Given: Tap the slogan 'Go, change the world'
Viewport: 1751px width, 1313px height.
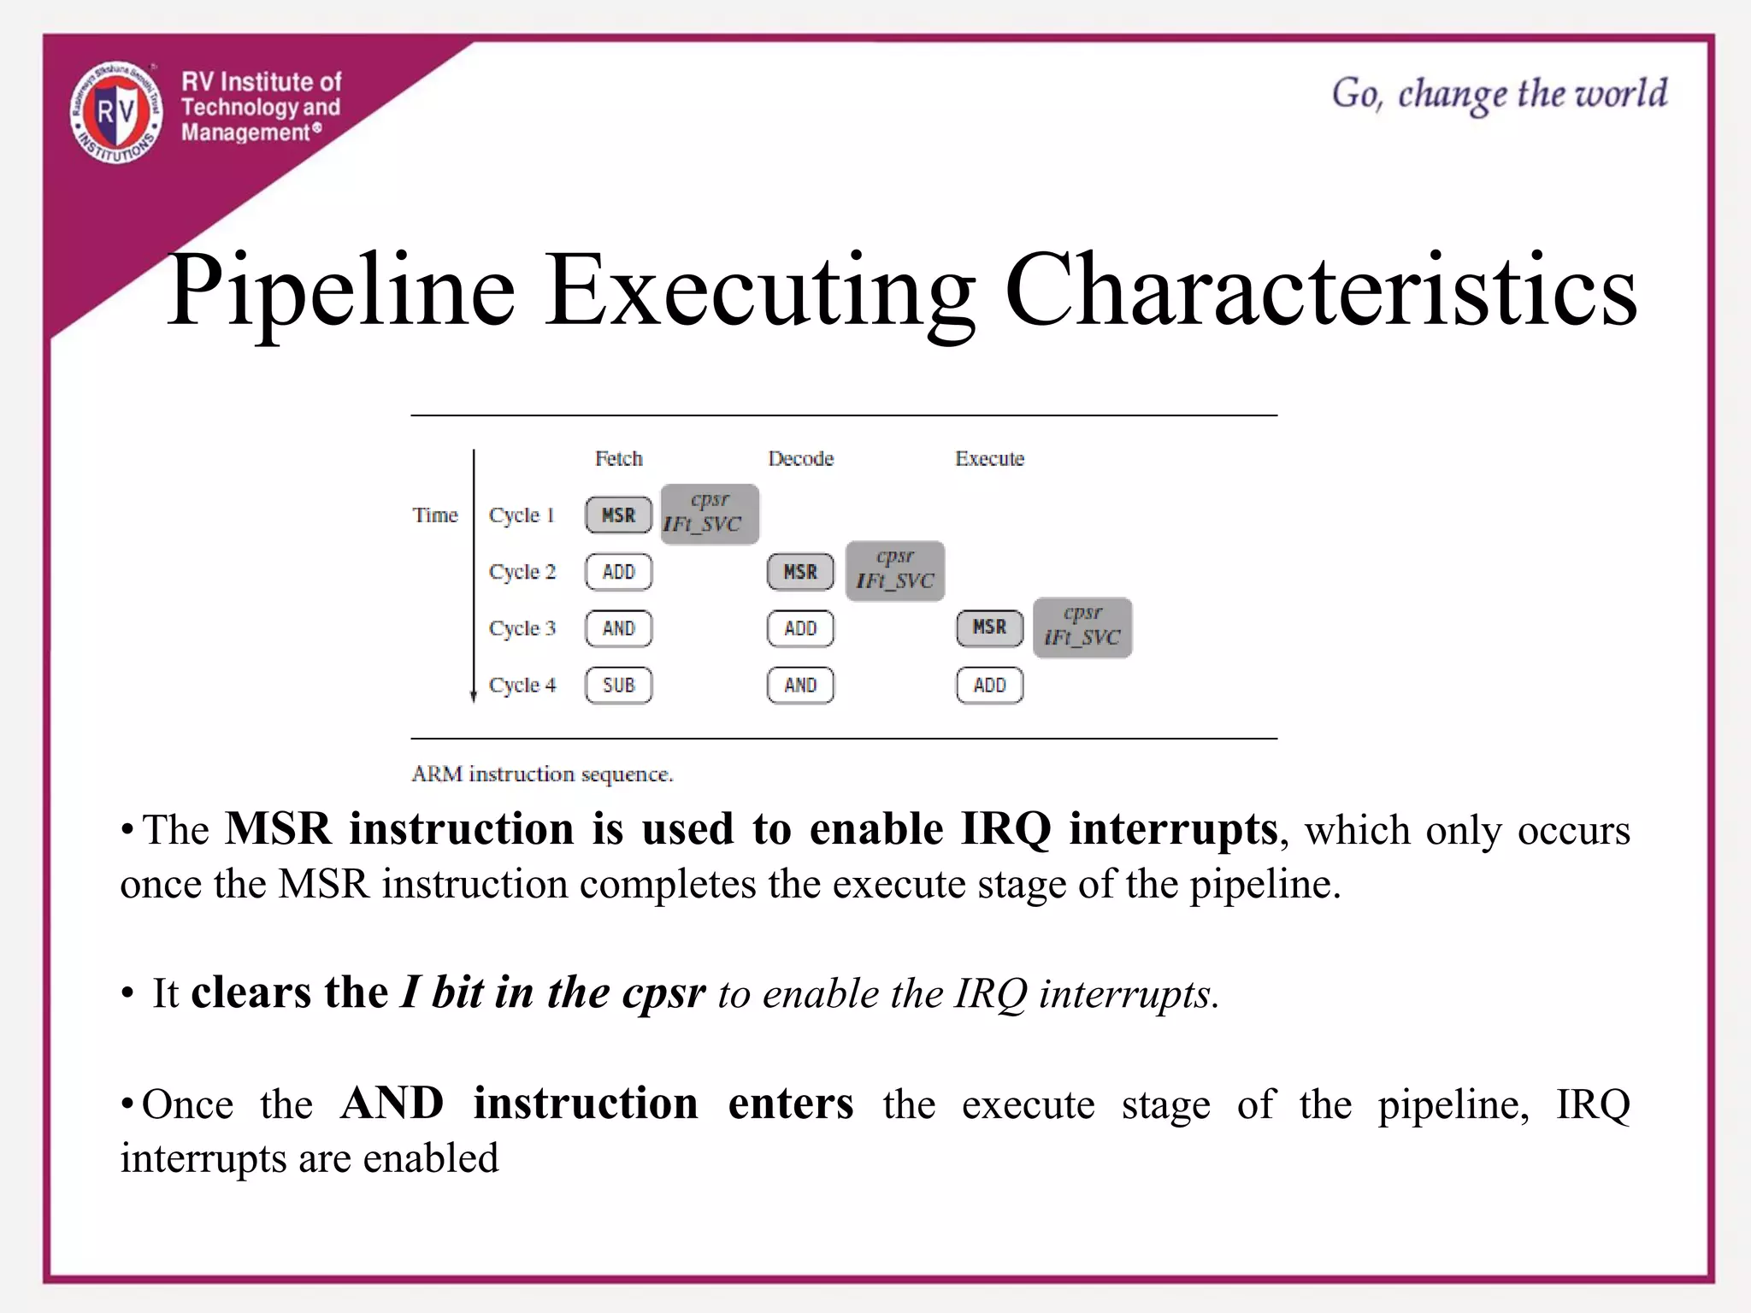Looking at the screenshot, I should pyautogui.click(x=1499, y=94).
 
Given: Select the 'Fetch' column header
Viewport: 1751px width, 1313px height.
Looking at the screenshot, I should pyautogui.click(x=618, y=459).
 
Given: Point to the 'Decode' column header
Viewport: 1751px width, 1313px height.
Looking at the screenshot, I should pyautogui.click(x=800, y=459).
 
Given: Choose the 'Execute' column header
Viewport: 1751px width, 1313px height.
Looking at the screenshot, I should pyautogui.click(x=989, y=459).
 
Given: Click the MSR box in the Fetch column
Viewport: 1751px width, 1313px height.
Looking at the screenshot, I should pyautogui.click(x=618, y=515).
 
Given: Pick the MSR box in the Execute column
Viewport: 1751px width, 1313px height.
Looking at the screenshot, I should pyautogui.click(x=989, y=628).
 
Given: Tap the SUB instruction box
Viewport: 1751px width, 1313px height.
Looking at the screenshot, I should pyautogui.click(x=618, y=686).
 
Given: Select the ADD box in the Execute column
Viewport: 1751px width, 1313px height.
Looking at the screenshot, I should pyautogui.click(x=989, y=686).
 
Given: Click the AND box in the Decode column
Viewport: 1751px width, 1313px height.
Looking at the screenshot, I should pyautogui.click(x=800, y=686).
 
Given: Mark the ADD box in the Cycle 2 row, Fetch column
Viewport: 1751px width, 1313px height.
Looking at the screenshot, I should pyautogui.click(x=618, y=572).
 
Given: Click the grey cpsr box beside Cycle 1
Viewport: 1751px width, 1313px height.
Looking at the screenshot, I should pyautogui.click(x=710, y=514).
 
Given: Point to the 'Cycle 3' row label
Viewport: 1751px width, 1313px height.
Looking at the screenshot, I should pyautogui.click(x=522, y=629).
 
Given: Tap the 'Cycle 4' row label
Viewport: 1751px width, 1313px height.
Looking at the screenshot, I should pyautogui.click(x=522, y=686).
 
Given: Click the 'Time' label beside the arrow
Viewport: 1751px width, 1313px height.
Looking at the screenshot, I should pyautogui.click(x=435, y=515).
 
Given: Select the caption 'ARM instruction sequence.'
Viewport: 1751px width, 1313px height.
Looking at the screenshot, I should pyautogui.click(x=542, y=774).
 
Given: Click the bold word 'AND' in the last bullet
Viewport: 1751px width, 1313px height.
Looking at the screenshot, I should pyautogui.click(x=392, y=1104).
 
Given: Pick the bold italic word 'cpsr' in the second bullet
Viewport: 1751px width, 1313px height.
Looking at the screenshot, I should pyautogui.click(x=663, y=993).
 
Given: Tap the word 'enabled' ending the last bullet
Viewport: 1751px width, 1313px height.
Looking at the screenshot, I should pyautogui.click(x=430, y=1159).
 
